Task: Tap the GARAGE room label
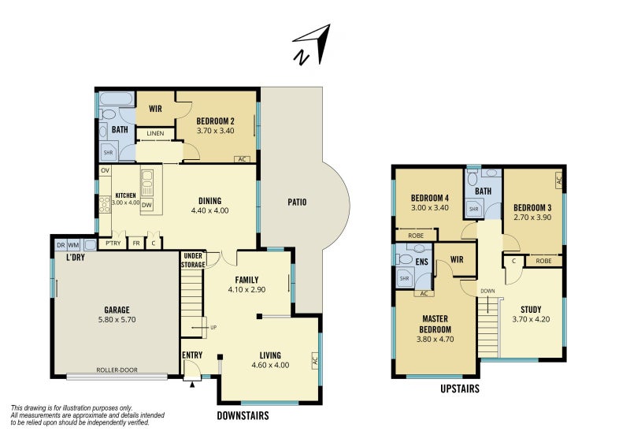[x=117, y=310]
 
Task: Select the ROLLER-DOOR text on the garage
[x=117, y=370]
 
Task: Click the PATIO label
[x=297, y=202]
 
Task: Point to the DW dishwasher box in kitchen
[x=147, y=205]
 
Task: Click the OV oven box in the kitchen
[x=106, y=170]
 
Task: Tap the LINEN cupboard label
[x=155, y=133]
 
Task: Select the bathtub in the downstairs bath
[x=117, y=99]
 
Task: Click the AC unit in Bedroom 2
[x=242, y=159]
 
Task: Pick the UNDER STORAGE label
[x=193, y=260]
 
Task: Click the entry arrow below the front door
[x=192, y=385]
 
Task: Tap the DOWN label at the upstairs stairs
[x=487, y=291]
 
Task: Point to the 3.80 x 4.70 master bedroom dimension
[x=435, y=339]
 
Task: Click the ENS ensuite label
[x=421, y=262]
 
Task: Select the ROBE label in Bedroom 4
[x=416, y=236]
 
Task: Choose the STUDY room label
[x=531, y=310]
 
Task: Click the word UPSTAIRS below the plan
[x=460, y=389]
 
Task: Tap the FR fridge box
[x=136, y=243]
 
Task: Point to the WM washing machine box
[x=73, y=245]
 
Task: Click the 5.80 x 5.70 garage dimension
[x=117, y=320]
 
